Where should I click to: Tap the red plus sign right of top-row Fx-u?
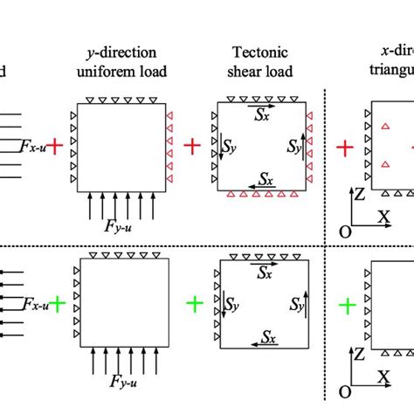click(55, 147)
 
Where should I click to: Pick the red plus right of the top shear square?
click(346, 148)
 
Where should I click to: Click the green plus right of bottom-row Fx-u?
click(57, 304)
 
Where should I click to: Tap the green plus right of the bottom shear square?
click(347, 305)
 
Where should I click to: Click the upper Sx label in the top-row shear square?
click(261, 113)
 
